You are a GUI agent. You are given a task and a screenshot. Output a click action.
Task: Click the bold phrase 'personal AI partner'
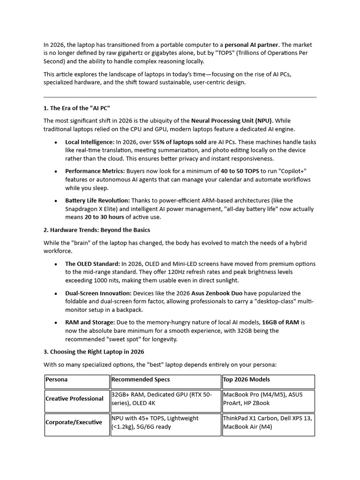tap(251, 45)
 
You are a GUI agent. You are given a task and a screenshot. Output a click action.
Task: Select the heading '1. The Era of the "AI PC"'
tap(77, 108)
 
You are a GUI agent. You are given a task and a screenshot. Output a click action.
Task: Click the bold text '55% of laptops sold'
tap(180, 142)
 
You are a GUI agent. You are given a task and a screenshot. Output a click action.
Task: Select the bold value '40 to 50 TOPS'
tap(240, 171)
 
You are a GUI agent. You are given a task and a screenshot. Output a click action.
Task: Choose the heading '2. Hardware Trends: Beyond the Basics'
tap(97, 230)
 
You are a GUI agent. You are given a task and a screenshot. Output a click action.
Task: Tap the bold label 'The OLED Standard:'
tap(92, 264)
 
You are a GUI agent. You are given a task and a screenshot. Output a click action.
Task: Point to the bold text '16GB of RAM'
tap(280, 322)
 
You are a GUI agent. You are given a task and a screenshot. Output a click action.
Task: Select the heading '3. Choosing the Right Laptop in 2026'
tap(94, 352)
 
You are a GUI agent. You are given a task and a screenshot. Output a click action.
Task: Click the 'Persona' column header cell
tap(57, 380)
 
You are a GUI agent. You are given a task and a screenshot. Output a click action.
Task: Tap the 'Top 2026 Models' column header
tap(247, 380)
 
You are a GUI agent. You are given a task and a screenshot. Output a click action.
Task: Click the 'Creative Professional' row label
tap(75, 399)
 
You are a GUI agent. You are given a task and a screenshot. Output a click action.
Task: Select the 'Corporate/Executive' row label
tap(74, 422)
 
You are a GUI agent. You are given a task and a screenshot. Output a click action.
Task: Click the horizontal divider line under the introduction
tap(180, 97)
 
